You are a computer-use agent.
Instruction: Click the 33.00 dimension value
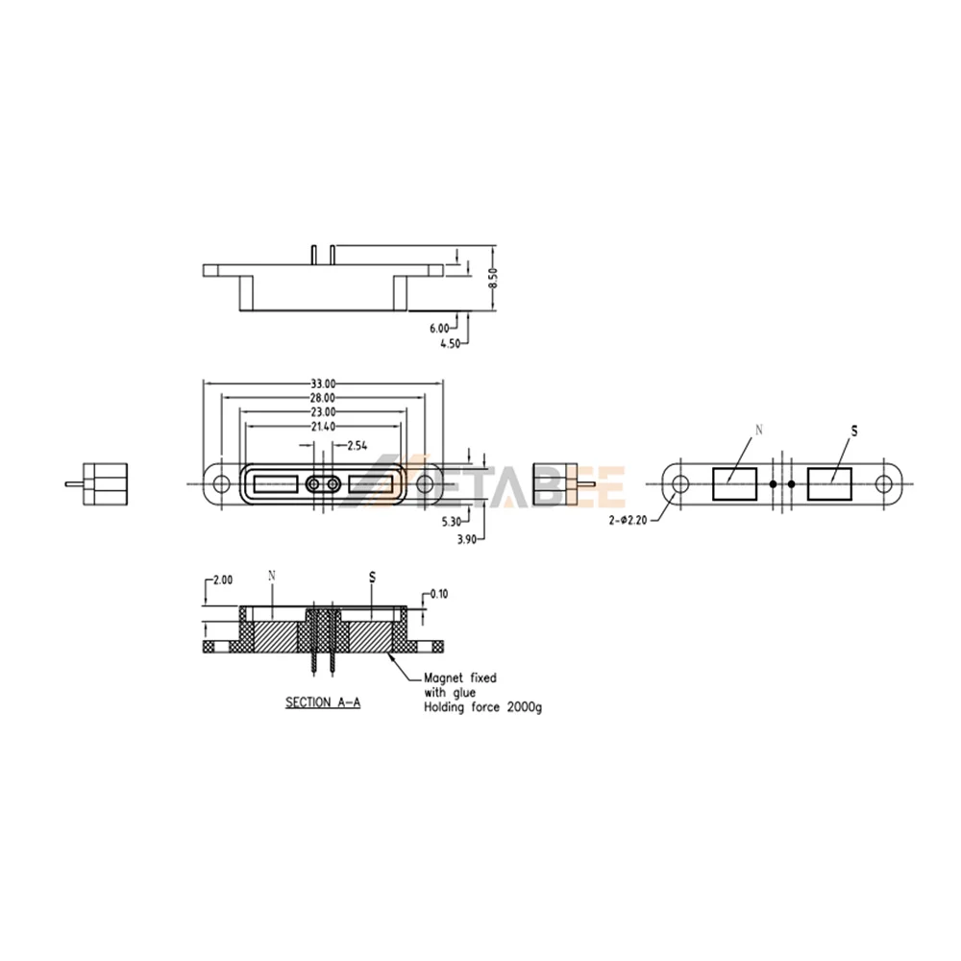click(x=323, y=384)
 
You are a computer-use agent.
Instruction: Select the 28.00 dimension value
click(x=323, y=399)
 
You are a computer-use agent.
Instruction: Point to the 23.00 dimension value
click(x=323, y=412)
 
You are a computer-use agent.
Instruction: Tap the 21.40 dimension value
click(x=323, y=427)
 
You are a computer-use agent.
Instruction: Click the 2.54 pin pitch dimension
click(x=357, y=446)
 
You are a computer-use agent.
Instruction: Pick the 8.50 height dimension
click(x=493, y=278)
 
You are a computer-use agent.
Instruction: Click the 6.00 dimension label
click(x=439, y=329)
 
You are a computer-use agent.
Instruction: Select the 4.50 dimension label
click(x=450, y=344)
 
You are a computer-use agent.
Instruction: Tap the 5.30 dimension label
click(x=451, y=522)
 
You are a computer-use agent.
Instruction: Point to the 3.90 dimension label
click(x=466, y=540)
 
